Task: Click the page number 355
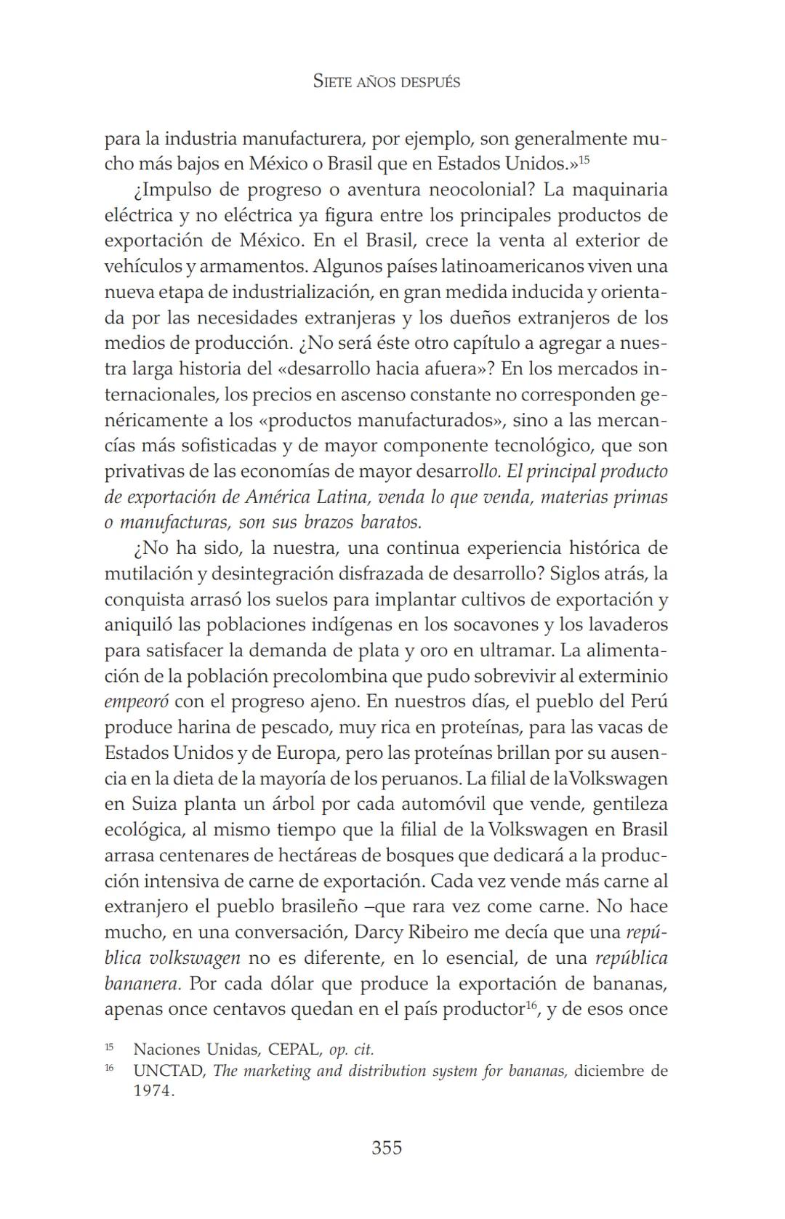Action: [387, 1148]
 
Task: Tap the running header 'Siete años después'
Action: [387, 81]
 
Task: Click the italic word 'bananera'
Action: [142, 984]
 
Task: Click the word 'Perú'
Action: [650, 702]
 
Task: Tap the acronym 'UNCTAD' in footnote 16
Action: [169, 1071]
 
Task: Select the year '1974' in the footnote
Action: [153, 1092]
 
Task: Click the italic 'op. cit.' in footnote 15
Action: [352, 1050]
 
